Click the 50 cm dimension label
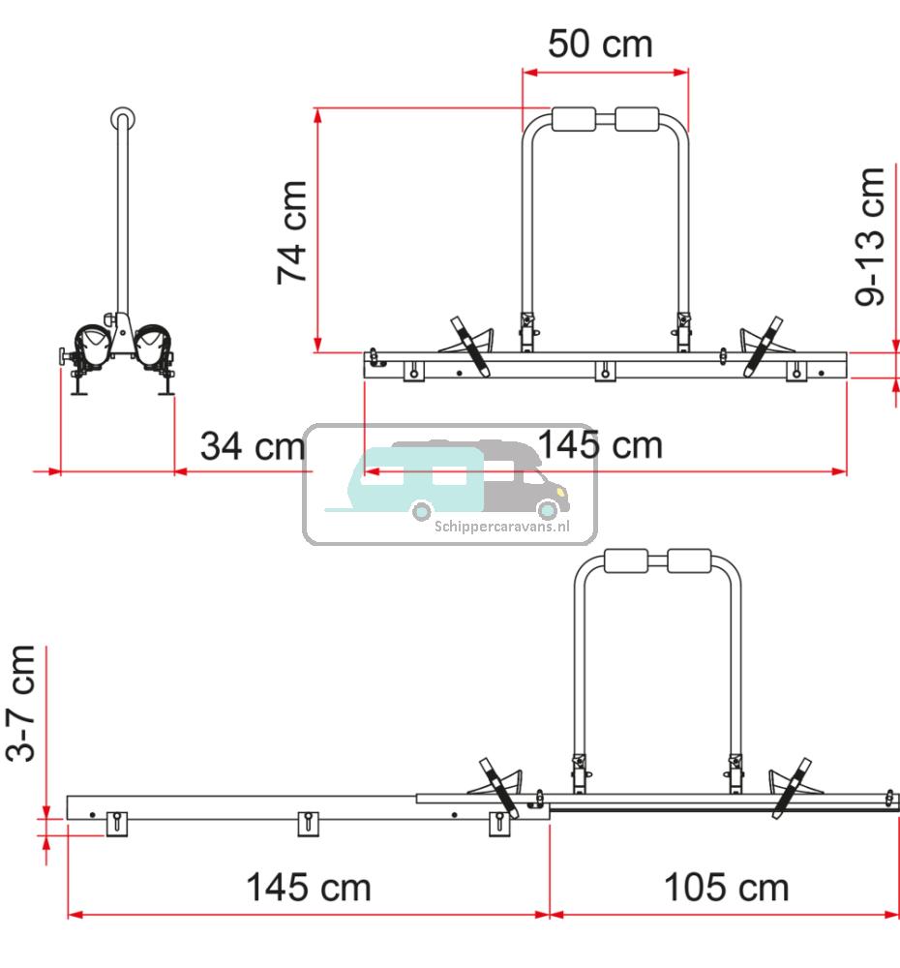point(600,44)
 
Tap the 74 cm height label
point(291,232)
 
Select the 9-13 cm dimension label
point(870,236)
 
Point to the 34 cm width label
point(254,445)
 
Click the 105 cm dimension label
point(727,888)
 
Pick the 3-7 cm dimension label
point(20,703)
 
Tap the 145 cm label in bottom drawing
point(309,888)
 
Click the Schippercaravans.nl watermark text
point(502,527)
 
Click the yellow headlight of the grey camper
point(561,492)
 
